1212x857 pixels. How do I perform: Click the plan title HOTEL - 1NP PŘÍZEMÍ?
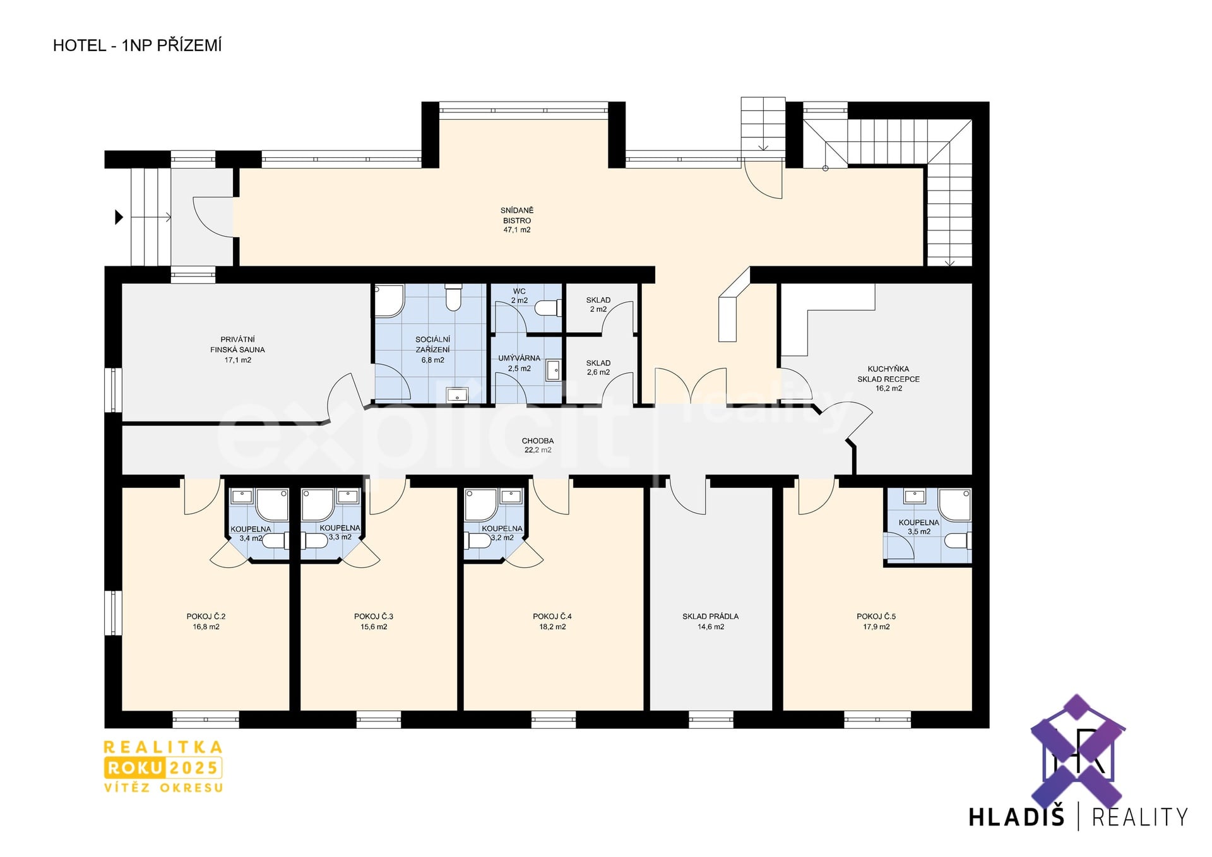pos(137,45)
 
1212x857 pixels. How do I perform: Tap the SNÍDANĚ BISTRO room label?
pos(517,215)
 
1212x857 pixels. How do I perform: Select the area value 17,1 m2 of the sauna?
pos(238,360)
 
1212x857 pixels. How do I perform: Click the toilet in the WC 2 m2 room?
pos(548,308)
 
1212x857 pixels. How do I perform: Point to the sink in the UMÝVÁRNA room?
pos(553,370)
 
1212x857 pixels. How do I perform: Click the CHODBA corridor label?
pos(538,441)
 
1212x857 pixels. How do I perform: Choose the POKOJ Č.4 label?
pos(552,617)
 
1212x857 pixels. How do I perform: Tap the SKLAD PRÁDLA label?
pos(710,617)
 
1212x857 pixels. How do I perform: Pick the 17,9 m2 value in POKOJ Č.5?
pos(876,627)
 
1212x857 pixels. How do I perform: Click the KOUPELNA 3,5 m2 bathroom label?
pos(919,527)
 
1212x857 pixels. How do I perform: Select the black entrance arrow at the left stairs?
pos(119,217)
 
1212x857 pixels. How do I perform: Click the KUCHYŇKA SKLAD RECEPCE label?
pos(888,374)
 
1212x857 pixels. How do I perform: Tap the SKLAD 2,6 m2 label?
pos(598,368)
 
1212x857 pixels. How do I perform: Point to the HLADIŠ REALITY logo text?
pos(1078,817)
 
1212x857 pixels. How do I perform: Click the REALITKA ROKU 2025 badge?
pos(163,766)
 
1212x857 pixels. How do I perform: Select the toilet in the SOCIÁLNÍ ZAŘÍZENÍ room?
pos(453,297)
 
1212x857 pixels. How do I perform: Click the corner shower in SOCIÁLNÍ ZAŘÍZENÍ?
pos(389,300)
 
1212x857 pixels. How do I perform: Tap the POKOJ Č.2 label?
pos(206,617)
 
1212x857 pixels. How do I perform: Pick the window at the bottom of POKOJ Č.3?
pos(378,719)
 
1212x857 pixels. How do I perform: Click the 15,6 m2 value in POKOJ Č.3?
pos(374,627)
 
